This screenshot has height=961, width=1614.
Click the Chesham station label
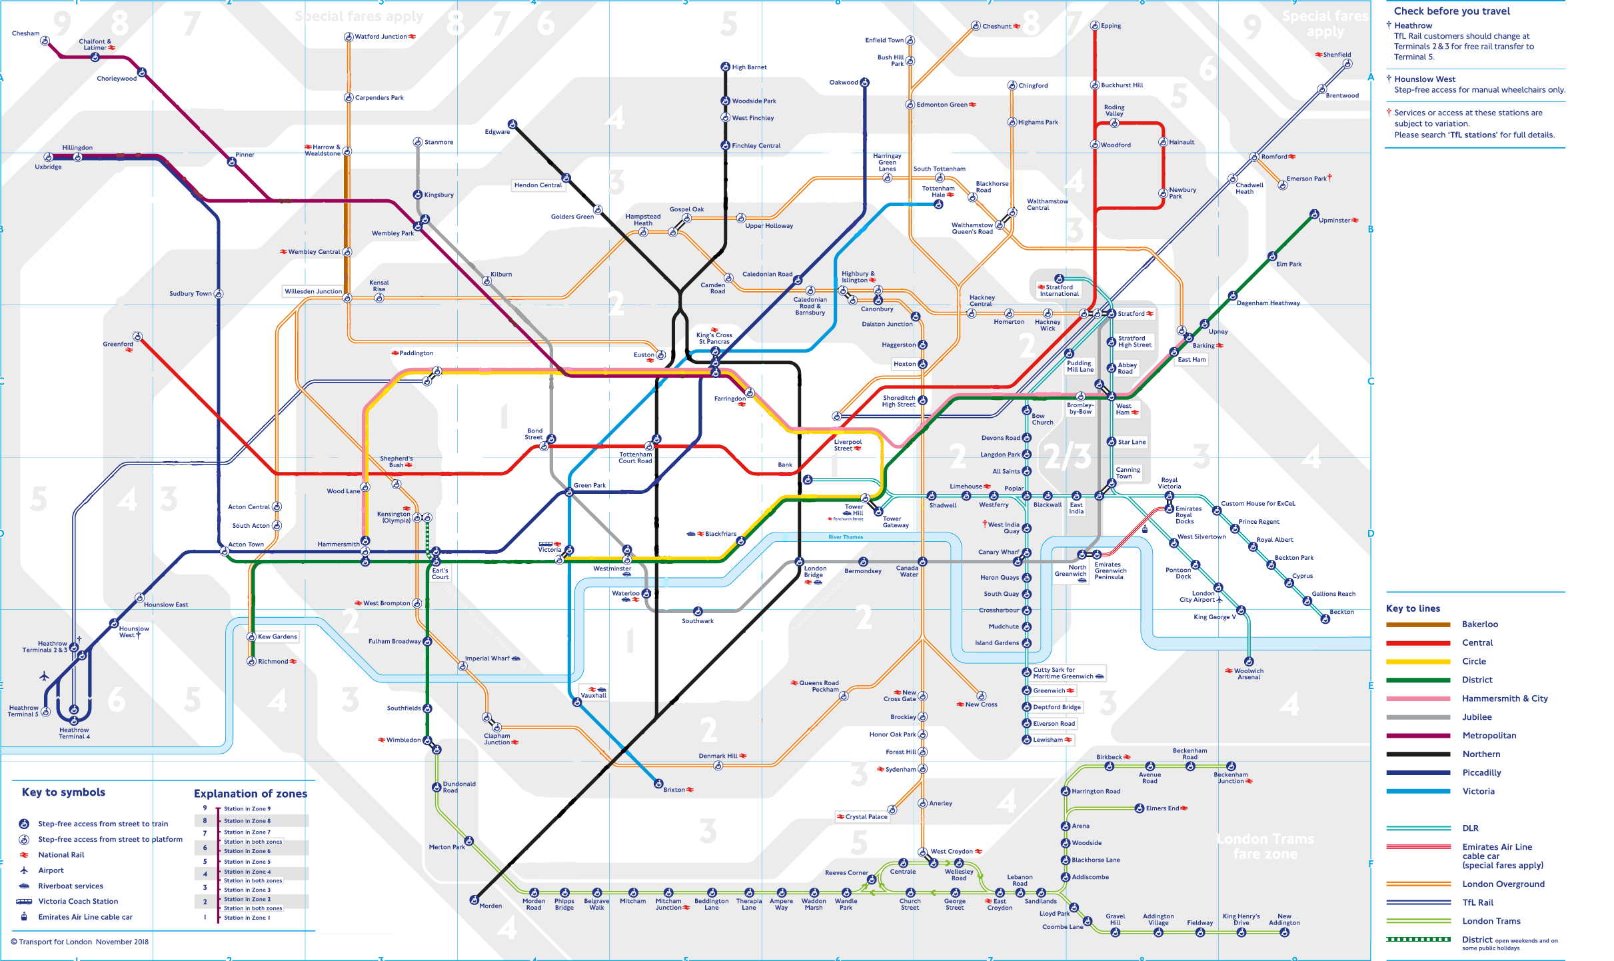25,33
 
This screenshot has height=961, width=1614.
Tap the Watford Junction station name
381,37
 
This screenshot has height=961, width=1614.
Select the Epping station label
1110,26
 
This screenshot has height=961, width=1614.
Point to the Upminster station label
1334,221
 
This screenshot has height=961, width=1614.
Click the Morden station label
490,906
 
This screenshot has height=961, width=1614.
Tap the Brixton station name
674,790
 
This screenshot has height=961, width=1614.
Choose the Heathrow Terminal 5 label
23,711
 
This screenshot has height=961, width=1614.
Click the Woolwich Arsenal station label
1248,674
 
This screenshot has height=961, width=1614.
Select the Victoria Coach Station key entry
78,902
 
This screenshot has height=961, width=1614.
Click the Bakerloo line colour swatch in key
1418,624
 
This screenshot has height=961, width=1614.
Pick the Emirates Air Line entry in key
1497,847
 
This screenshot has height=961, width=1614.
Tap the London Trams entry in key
1491,921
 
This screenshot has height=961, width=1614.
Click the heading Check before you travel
1452,11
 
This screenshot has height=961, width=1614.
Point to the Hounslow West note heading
1425,79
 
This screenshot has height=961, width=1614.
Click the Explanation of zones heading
251,794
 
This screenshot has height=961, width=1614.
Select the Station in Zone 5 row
247,862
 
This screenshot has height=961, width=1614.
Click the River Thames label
846,537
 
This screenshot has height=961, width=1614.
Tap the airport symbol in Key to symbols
24,870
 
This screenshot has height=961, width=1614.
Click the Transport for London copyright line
80,942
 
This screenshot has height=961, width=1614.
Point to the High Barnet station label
749,67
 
